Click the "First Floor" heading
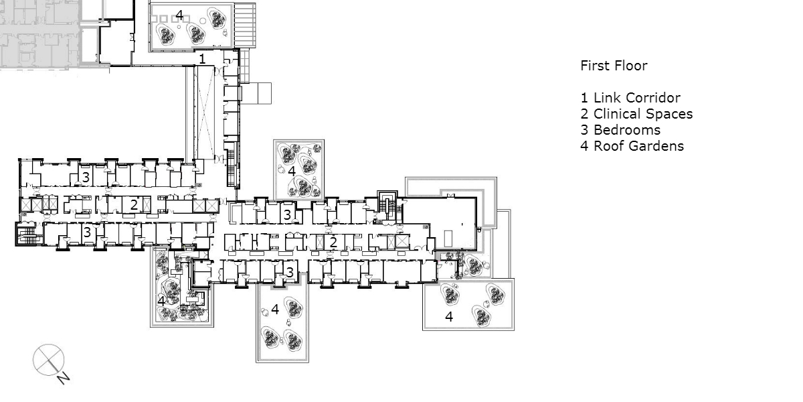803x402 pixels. pyautogui.click(x=614, y=66)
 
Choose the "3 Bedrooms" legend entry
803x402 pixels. pyautogui.click(x=620, y=130)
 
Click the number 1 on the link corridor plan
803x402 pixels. pyautogui.click(x=202, y=59)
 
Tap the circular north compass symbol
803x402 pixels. pyautogui.click(x=48, y=360)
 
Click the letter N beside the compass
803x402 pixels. pyautogui.click(x=63, y=379)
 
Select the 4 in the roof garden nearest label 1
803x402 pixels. pyautogui.click(x=179, y=15)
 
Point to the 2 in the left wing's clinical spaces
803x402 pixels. pyautogui.click(x=134, y=204)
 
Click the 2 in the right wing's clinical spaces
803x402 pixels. pyautogui.click(x=333, y=243)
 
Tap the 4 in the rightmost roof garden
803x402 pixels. pyautogui.click(x=449, y=316)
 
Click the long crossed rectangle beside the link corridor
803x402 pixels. pyautogui.click(x=204, y=113)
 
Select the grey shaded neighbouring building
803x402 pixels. pyautogui.click(x=39, y=34)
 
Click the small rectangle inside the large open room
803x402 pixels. pyautogui.click(x=448, y=239)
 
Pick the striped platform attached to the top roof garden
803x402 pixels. pyautogui.click(x=245, y=25)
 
